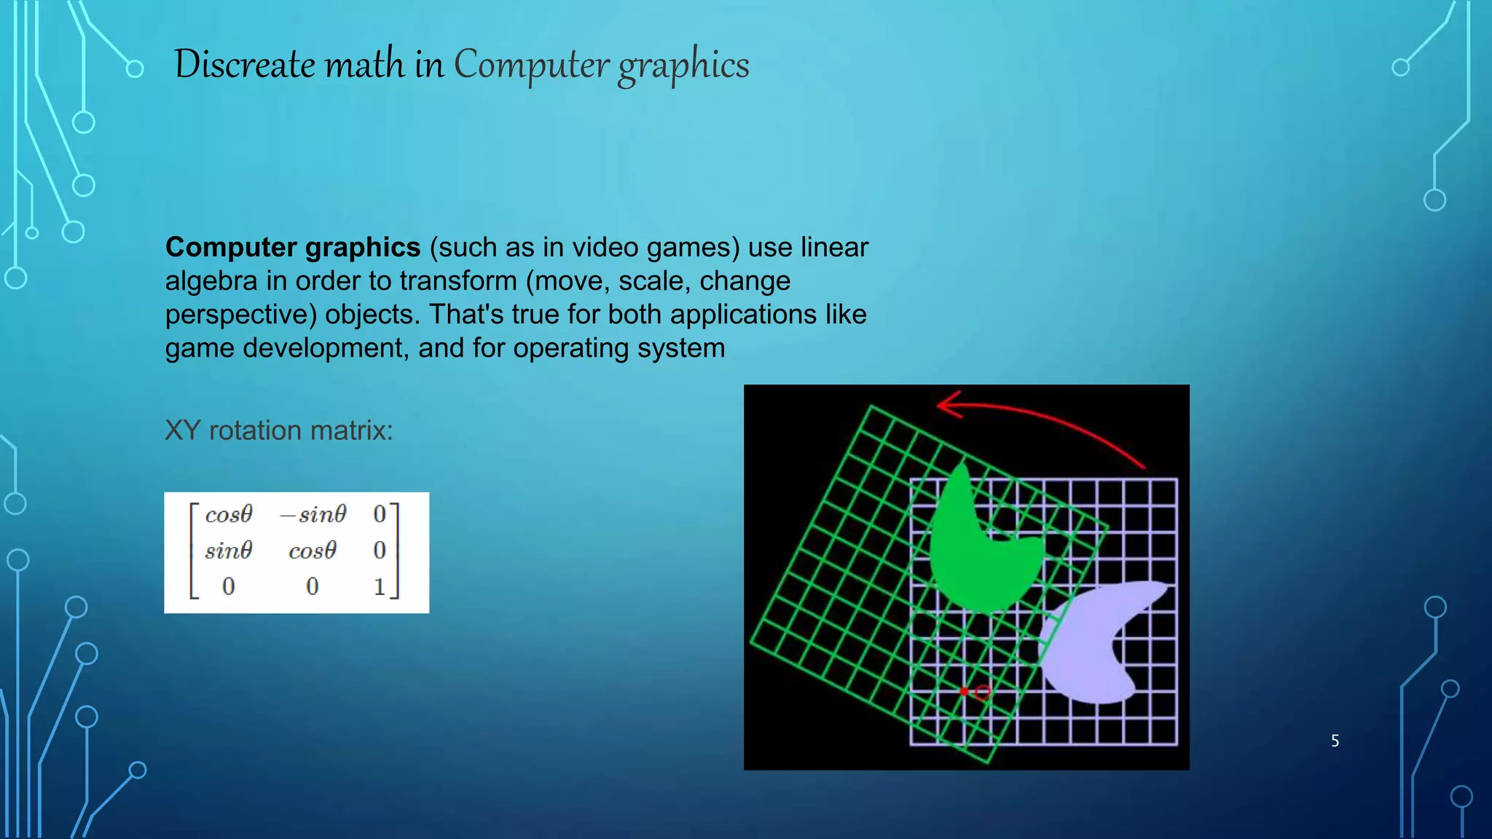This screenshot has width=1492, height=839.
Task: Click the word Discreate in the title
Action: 244,64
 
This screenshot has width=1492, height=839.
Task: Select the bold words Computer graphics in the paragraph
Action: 293,248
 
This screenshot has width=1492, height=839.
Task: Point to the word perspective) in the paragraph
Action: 241,315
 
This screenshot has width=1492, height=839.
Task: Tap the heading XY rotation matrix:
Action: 278,430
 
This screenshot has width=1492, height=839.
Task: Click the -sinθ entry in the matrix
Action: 313,515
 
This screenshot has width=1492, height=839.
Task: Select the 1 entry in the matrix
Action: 379,586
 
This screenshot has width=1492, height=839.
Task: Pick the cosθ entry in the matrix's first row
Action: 228,515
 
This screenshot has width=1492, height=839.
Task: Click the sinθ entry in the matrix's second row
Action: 228,551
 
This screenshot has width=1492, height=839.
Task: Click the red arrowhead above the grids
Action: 947,404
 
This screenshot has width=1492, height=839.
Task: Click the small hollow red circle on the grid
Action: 983,693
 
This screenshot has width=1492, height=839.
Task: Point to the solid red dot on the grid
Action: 964,691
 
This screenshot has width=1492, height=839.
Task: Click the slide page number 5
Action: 1335,741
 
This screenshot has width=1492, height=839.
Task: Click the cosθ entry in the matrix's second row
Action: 313,551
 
